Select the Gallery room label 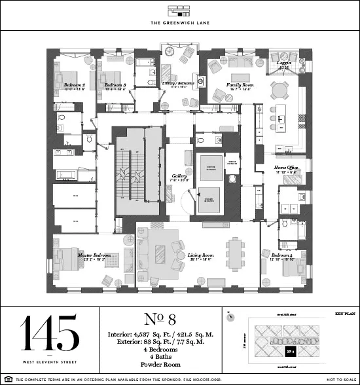pyautogui.click(x=179, y=176)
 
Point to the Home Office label pyautogui.click(x=286, y=168)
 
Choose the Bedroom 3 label pyautogui.click(x=115, y=85)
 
